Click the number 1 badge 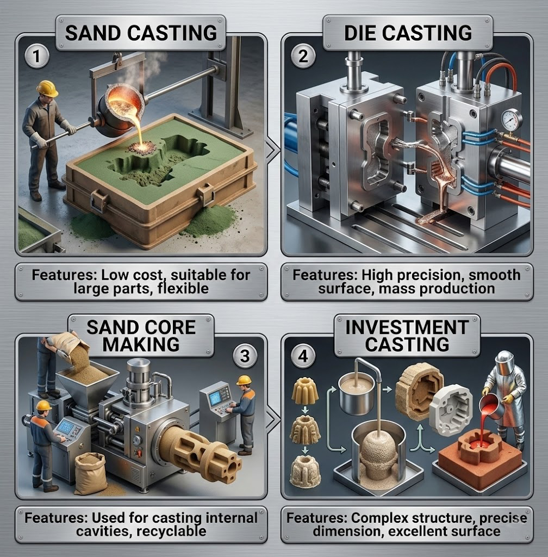coord(38,58)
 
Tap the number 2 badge coord(303,56)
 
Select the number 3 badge coord(245,356)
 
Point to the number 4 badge coord(303,356)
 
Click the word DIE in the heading coord(359,33)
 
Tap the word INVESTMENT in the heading coord(407,327)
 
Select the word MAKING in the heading coord(141,344)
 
